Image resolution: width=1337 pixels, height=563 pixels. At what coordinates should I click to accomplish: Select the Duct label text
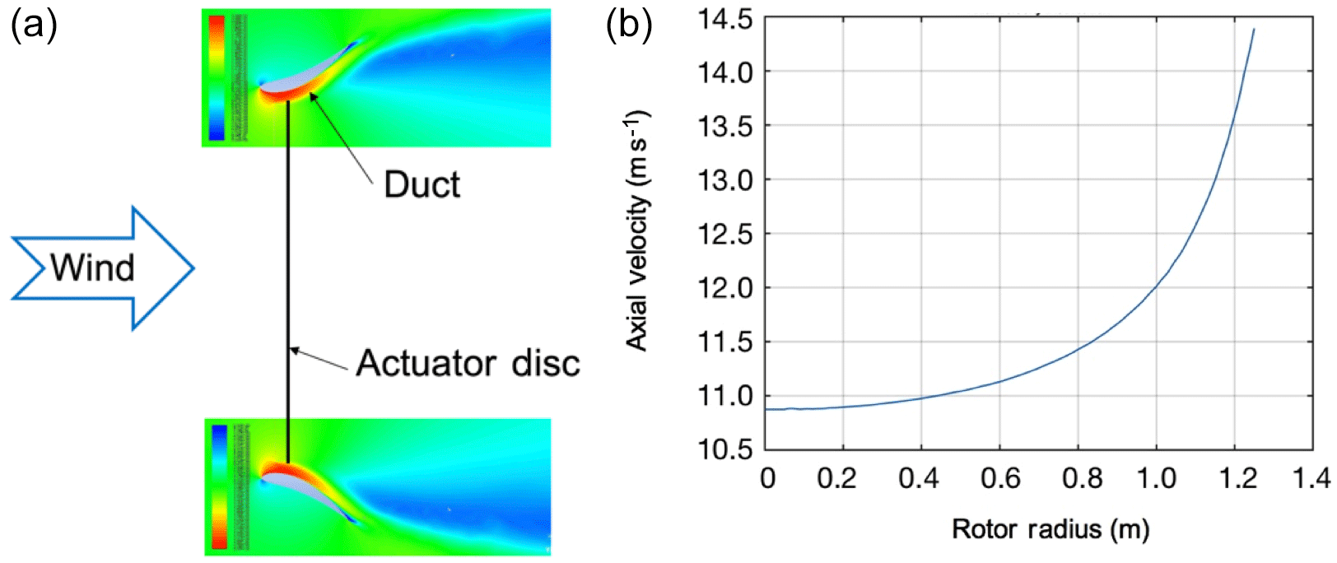tap(422, 184)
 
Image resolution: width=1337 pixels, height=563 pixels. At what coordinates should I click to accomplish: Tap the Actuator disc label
tap(468, 363)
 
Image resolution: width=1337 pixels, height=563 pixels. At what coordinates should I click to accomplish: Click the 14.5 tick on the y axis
tap(725, 19)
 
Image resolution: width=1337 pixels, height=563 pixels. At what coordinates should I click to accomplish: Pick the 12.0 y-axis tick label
tap(725, 289)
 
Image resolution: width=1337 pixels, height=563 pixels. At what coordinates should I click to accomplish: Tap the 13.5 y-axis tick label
tap(725, 127)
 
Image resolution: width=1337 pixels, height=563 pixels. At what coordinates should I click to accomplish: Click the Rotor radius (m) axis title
tap(1050, 528)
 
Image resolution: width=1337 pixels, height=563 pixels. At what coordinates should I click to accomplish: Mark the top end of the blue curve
tap(1253, 30)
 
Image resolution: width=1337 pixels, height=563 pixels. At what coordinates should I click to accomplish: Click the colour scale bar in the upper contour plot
tap(217, 77)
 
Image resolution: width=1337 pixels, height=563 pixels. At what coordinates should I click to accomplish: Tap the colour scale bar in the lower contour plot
tap(219, 486)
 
